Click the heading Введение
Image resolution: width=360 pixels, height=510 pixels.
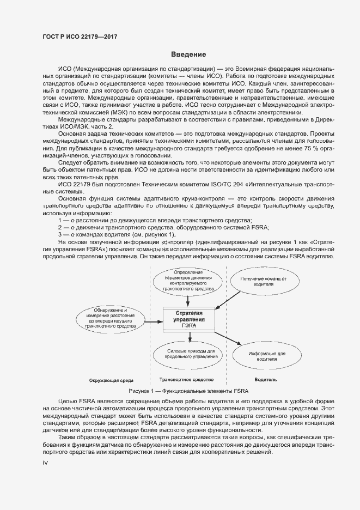click(188, 54)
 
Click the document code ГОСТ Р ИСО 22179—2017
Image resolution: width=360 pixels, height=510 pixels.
click(80, 37)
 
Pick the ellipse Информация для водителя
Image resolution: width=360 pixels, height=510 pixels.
click(267, 356)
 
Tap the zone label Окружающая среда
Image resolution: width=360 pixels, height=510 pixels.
click(112, 380)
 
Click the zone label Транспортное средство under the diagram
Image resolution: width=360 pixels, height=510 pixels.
click(186, 380)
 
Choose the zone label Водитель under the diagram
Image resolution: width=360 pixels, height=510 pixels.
click(266, 380)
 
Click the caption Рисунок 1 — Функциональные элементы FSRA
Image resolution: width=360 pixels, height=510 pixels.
click(188, 391)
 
